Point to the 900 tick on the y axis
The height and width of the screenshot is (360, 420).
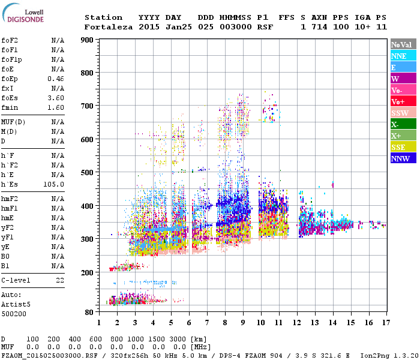tap(87, 40)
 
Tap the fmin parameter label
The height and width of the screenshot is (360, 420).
tap(10, 107)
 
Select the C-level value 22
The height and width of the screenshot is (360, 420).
tap(60, 280)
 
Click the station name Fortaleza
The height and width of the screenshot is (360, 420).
tap(109, 27)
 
